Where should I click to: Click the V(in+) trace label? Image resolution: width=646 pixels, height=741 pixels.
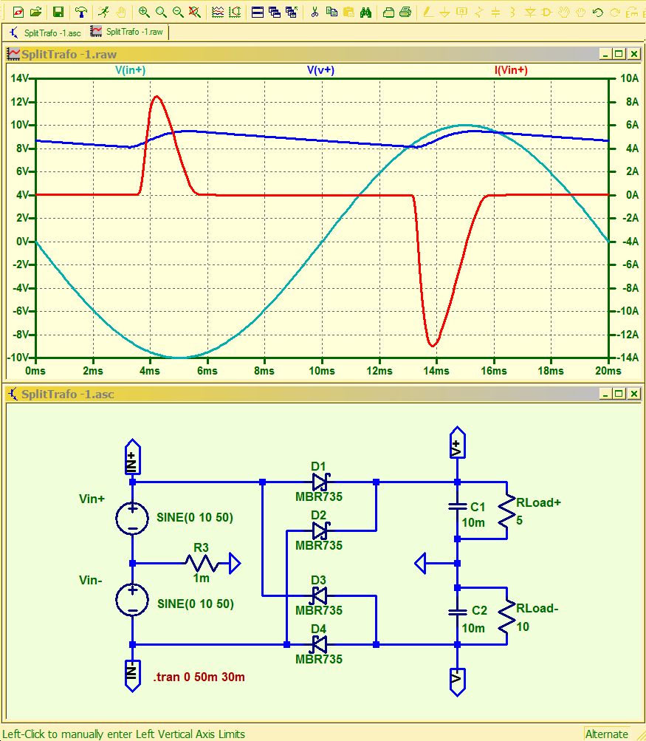point(131,70)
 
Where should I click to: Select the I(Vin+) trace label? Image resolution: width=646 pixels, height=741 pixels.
point(511,70)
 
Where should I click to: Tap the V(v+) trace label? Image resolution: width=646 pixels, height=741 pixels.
point(320,70)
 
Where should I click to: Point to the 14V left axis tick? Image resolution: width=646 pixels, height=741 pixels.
point(19,78)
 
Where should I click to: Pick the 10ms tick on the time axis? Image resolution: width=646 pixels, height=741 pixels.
point(322,371)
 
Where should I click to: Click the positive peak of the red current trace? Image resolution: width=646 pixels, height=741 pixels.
point(157,97)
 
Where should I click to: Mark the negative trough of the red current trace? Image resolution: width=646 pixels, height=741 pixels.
point(433,346)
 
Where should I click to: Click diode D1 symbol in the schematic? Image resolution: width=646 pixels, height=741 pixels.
point(320,482)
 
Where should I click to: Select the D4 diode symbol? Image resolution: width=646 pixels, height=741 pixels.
point(320,644)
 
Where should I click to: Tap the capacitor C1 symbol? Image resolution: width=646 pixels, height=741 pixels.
point(457,507)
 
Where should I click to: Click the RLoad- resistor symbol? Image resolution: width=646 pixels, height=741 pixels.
point(506,616)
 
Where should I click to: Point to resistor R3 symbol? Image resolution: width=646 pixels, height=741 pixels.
point(201,563)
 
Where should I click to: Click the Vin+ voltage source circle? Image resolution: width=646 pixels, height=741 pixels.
point(132,518)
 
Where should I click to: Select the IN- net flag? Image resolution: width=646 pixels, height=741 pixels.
point(132,675)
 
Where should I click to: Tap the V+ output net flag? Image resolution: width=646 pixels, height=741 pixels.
point(457,443)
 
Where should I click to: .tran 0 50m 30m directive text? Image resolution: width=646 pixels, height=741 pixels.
point(199,677)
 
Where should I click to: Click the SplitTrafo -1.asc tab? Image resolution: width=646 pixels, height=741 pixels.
point(45,33)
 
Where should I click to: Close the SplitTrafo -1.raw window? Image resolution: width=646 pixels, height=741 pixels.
point(633,54)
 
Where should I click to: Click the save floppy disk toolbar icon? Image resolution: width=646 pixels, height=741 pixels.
point(58,12)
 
